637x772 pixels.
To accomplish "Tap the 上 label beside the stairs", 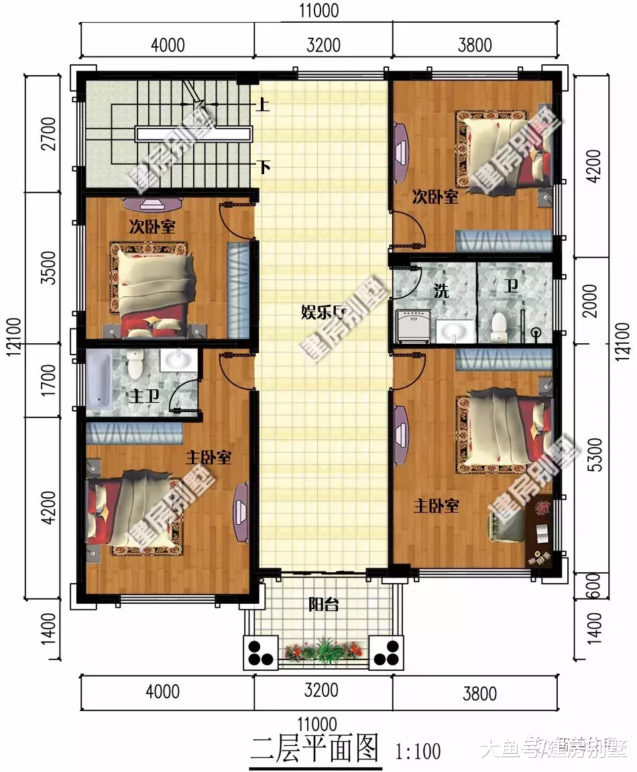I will (264, 105).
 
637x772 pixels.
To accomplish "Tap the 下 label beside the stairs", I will (264, 166).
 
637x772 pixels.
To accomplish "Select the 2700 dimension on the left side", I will (48, 134).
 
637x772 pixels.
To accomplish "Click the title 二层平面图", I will (314, 749).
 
